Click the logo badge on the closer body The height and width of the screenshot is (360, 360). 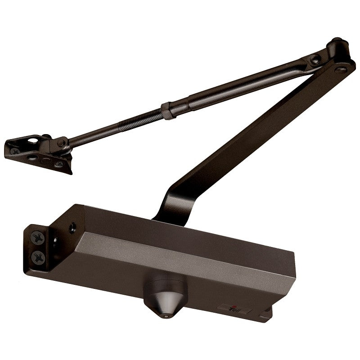point(230,309)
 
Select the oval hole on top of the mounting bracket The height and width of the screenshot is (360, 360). point(33,140)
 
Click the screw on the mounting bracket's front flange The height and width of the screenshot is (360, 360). point(58,164)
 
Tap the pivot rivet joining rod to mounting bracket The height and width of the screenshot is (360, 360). point(60,144)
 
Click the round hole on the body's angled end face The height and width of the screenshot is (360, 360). point(72,228)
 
